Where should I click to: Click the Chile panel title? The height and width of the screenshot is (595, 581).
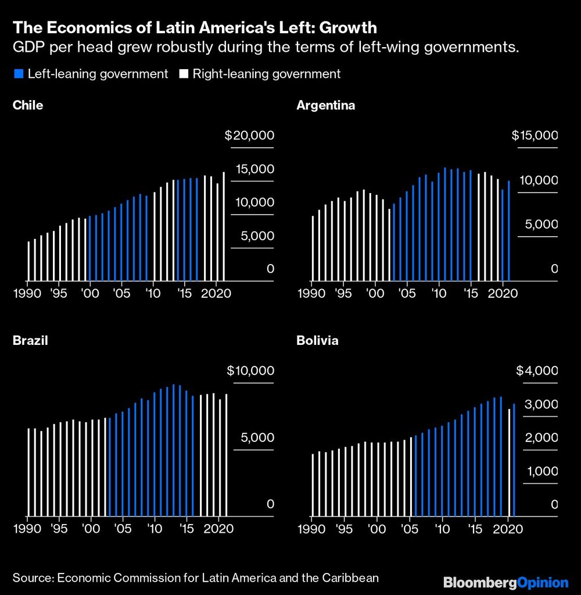coord(28,105)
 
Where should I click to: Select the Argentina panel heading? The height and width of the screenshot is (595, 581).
coord(325,105)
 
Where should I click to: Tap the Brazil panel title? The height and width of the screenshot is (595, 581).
coord(30,341)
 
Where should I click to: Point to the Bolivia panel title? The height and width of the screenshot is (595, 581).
coord(317,341)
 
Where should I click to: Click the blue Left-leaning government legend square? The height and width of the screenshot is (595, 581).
coord(16,74)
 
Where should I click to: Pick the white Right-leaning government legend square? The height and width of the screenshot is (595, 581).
coord(185,74)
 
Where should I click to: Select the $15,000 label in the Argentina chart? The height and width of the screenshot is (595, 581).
coord(535,136)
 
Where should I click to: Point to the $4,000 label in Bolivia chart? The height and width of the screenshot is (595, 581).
coord(537,371)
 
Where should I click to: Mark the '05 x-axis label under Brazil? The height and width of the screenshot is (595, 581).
coord(123,529)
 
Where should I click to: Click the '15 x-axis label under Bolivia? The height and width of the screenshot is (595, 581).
coord(476,529)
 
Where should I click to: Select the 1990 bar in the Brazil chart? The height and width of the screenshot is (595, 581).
coord(28,471)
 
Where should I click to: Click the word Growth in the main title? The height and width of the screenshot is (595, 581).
coord(346,27)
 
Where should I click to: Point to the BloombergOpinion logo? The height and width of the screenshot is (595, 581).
coord(505,582)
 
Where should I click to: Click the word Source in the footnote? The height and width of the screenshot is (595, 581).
coord(31,578)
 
